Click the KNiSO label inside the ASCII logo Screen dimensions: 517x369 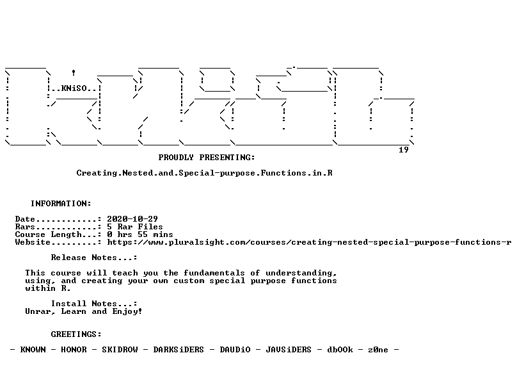74,88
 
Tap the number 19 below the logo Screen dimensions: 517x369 404,150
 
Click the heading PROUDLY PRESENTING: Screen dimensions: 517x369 207,158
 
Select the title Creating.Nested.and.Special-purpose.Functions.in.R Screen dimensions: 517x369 204,173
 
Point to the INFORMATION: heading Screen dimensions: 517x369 61,204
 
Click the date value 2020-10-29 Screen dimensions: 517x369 132,219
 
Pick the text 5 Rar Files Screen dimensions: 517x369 135,227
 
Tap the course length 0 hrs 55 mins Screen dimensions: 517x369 140,234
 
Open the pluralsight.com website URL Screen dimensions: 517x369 309,242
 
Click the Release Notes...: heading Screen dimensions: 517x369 94,258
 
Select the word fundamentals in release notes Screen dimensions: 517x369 214,273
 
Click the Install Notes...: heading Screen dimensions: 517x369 94,304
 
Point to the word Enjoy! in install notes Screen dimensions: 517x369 127,311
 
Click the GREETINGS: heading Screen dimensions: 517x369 76,334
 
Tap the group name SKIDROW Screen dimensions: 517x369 120,350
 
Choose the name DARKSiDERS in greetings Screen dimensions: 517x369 179,350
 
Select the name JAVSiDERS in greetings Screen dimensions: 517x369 289,350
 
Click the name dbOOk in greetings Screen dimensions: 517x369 340,350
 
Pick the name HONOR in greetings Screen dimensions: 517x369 74,350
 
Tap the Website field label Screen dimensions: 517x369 33,242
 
